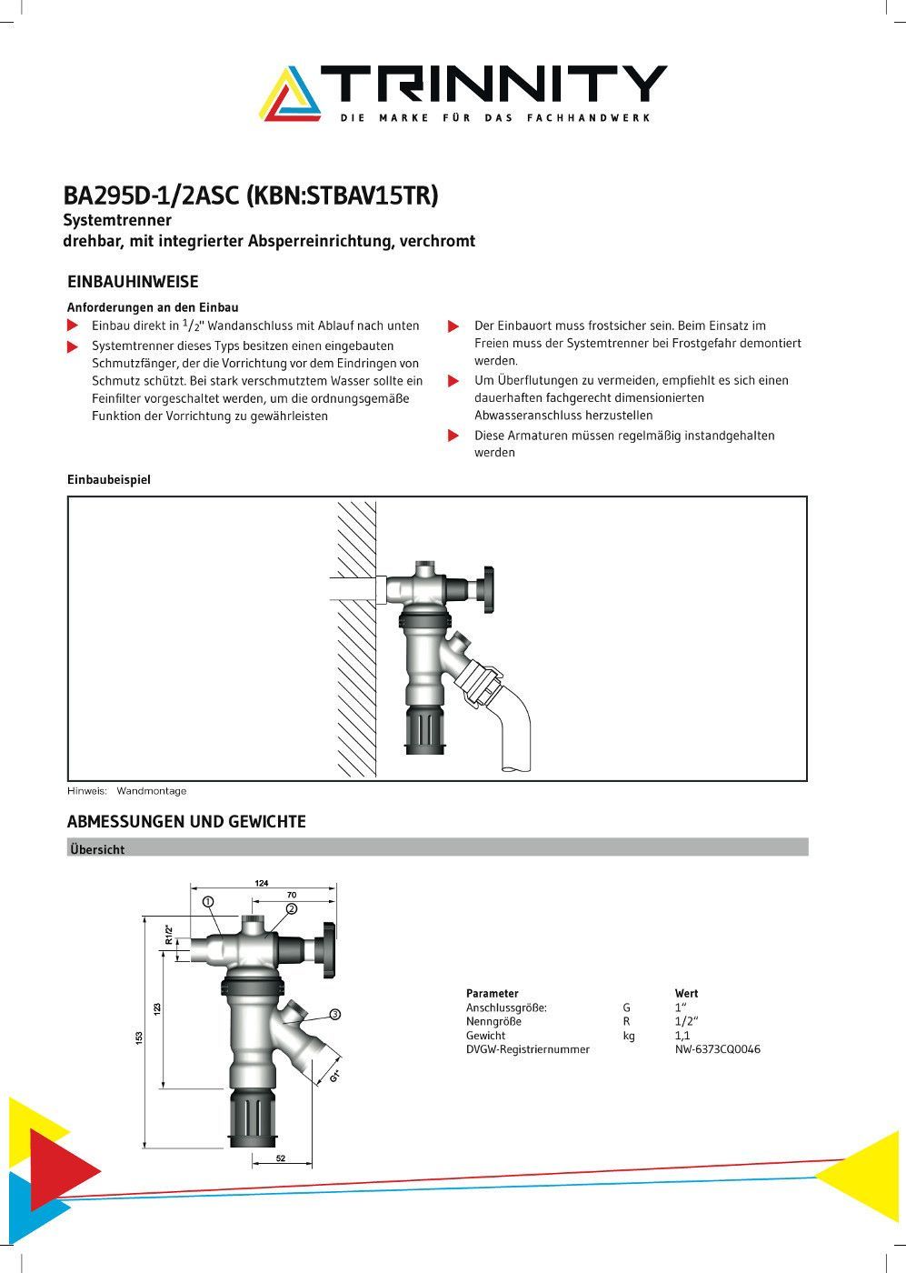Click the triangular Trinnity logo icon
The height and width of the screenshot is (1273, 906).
pos(290,94)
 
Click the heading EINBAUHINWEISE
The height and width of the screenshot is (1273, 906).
pos(133,282)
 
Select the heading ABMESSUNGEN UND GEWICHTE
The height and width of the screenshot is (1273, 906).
pos(186,822)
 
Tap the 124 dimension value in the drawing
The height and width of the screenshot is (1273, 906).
pos(262,883)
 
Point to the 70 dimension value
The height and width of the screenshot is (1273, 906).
pos(292,896)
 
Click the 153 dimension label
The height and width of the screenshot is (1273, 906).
pos(139,1037)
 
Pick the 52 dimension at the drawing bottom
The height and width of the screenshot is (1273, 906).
pos(281,1158)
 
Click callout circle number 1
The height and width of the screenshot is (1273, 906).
pos(208,902)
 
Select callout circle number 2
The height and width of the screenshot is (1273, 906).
pos(292,908)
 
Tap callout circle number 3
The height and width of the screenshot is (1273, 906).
pos(334,1014)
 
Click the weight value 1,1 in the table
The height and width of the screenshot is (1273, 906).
pos(682,1036)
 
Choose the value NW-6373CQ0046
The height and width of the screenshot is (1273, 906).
pos(717,1049)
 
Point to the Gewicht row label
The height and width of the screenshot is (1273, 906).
pos(485,1036)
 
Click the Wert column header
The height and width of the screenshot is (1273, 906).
pos(686,994)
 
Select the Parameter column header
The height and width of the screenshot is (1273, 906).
pos(492,994)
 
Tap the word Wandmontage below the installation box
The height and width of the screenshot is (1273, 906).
pos(151,791)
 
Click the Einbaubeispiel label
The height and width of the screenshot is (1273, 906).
pos(109,479)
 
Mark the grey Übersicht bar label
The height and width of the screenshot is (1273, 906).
pos(97,849)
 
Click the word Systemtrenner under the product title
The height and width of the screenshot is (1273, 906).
pos(117,220)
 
